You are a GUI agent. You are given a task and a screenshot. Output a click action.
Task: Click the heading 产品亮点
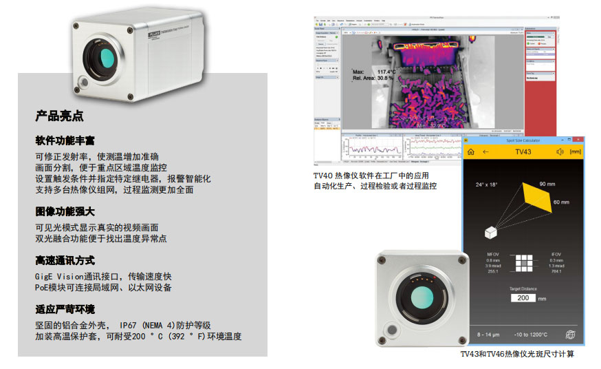[59, 116]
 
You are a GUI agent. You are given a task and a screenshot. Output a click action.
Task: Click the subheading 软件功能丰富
[65, 141]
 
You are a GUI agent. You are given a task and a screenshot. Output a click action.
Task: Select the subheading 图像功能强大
[65, 212]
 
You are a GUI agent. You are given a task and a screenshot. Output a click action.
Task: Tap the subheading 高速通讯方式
[65, 261]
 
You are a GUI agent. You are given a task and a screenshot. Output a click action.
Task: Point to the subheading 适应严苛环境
[65, 309]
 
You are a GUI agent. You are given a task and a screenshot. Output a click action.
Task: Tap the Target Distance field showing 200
[523, 298]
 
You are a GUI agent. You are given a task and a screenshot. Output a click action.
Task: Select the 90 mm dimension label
[547, 184]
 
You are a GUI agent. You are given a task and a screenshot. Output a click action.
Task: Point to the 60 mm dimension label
[561, 202]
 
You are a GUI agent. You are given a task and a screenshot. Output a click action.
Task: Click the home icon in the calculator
[471, 151]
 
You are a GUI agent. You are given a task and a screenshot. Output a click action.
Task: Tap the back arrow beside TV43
[486, 151]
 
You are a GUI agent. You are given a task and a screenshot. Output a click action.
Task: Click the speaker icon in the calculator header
[560, 151]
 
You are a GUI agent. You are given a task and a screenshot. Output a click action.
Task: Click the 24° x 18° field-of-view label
[487, 184]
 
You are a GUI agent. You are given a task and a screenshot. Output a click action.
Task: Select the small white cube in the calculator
[490, 233]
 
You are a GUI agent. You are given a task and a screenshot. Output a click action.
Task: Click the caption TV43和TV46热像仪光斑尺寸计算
[517, 354]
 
